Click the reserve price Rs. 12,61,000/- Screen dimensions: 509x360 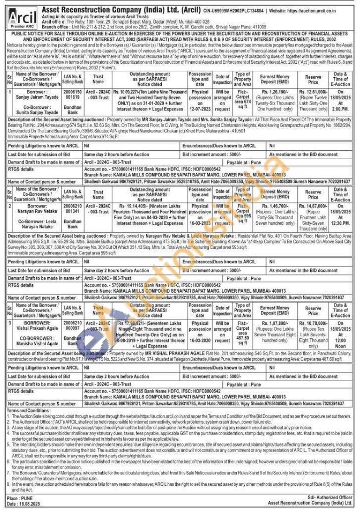313,92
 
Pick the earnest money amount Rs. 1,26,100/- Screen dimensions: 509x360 274,92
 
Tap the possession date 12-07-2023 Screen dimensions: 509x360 200,109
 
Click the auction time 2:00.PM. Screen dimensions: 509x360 340,109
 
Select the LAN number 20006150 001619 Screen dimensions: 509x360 72,95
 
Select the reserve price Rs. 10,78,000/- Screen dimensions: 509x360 313,323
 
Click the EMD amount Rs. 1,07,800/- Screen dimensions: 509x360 274,323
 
